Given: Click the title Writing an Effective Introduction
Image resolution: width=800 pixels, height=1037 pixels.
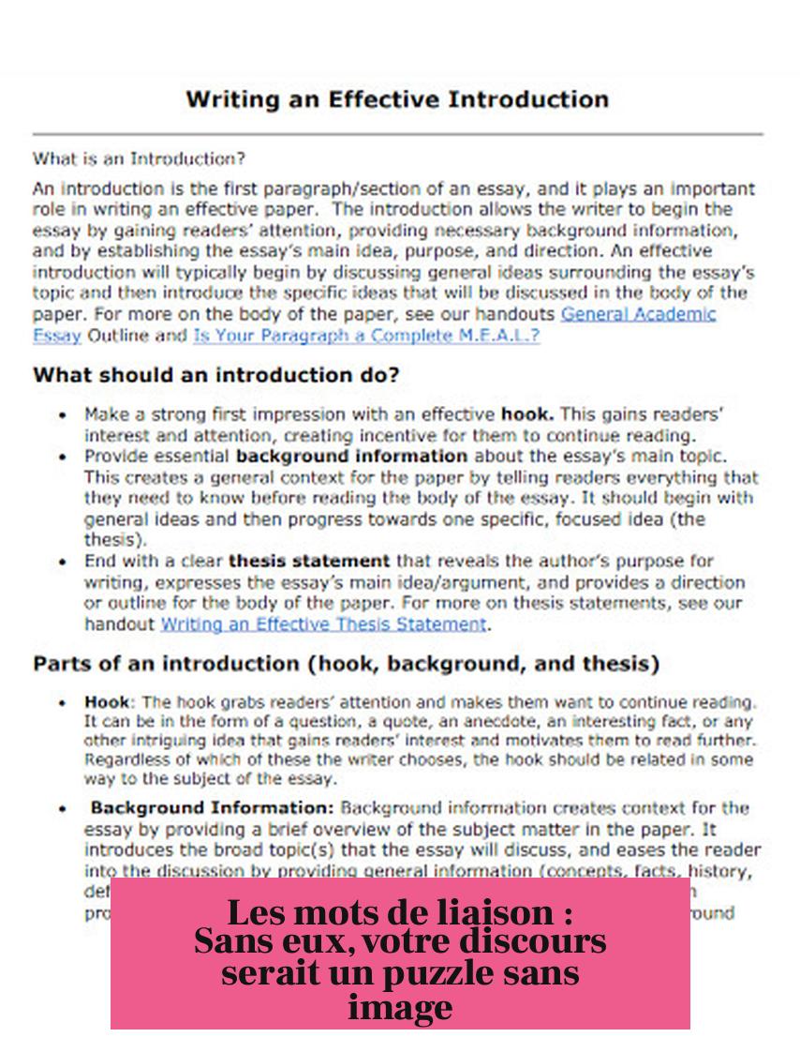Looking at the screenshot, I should [397, 99].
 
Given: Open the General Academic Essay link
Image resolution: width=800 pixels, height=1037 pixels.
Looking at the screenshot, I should [638, 314].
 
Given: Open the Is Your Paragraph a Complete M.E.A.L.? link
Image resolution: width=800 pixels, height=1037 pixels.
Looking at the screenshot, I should [366, 335].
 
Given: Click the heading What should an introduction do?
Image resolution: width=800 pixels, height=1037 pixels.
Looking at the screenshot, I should [216, 375].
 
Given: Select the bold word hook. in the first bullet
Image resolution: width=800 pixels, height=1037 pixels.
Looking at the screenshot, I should [527, 413].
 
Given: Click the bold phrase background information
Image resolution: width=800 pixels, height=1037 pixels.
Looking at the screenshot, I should [352, 457].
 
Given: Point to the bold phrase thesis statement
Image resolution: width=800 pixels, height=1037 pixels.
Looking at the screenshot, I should [309, 562].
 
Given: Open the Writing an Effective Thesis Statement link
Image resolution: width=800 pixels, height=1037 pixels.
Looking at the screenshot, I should [324, 624].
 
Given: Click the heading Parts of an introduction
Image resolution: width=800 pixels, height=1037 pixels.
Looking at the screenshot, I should [347, 665].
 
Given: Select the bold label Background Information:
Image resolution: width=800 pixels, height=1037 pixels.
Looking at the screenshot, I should [212, 807].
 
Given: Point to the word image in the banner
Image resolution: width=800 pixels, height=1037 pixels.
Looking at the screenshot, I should [400, 1008].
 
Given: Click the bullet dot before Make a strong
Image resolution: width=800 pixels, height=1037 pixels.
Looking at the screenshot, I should [62, 413].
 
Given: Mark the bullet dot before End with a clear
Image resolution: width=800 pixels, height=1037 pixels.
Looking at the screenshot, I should [62, 562].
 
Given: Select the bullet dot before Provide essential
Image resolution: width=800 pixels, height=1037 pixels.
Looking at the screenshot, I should [62, 457].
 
